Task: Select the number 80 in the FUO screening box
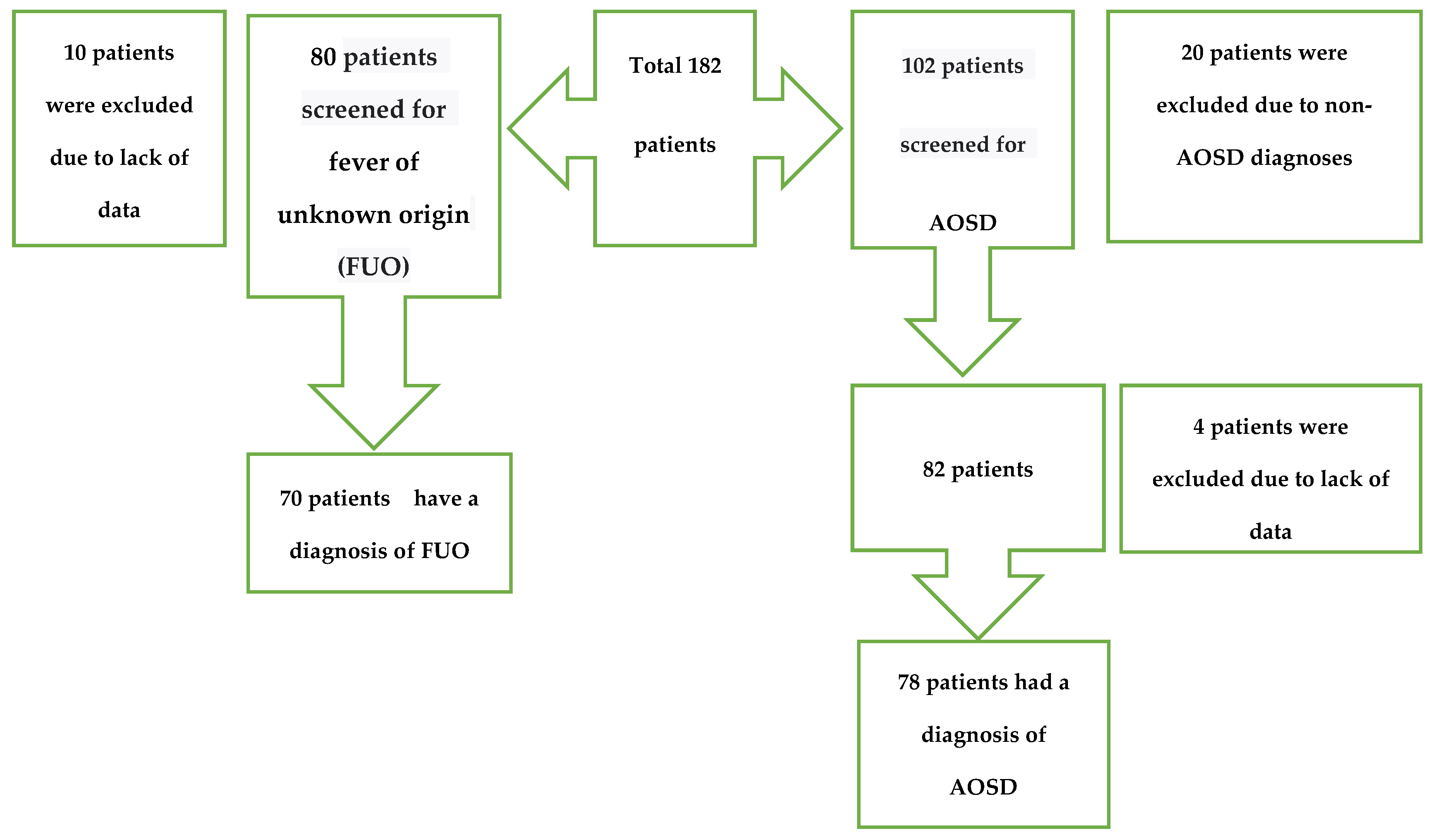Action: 323,57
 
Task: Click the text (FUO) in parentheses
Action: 373,266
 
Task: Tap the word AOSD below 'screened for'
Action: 963,223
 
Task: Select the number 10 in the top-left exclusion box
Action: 75,53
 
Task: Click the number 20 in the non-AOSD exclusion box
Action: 1192,53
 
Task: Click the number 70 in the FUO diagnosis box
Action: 291,498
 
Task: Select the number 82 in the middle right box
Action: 934,469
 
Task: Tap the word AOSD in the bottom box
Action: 983,787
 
